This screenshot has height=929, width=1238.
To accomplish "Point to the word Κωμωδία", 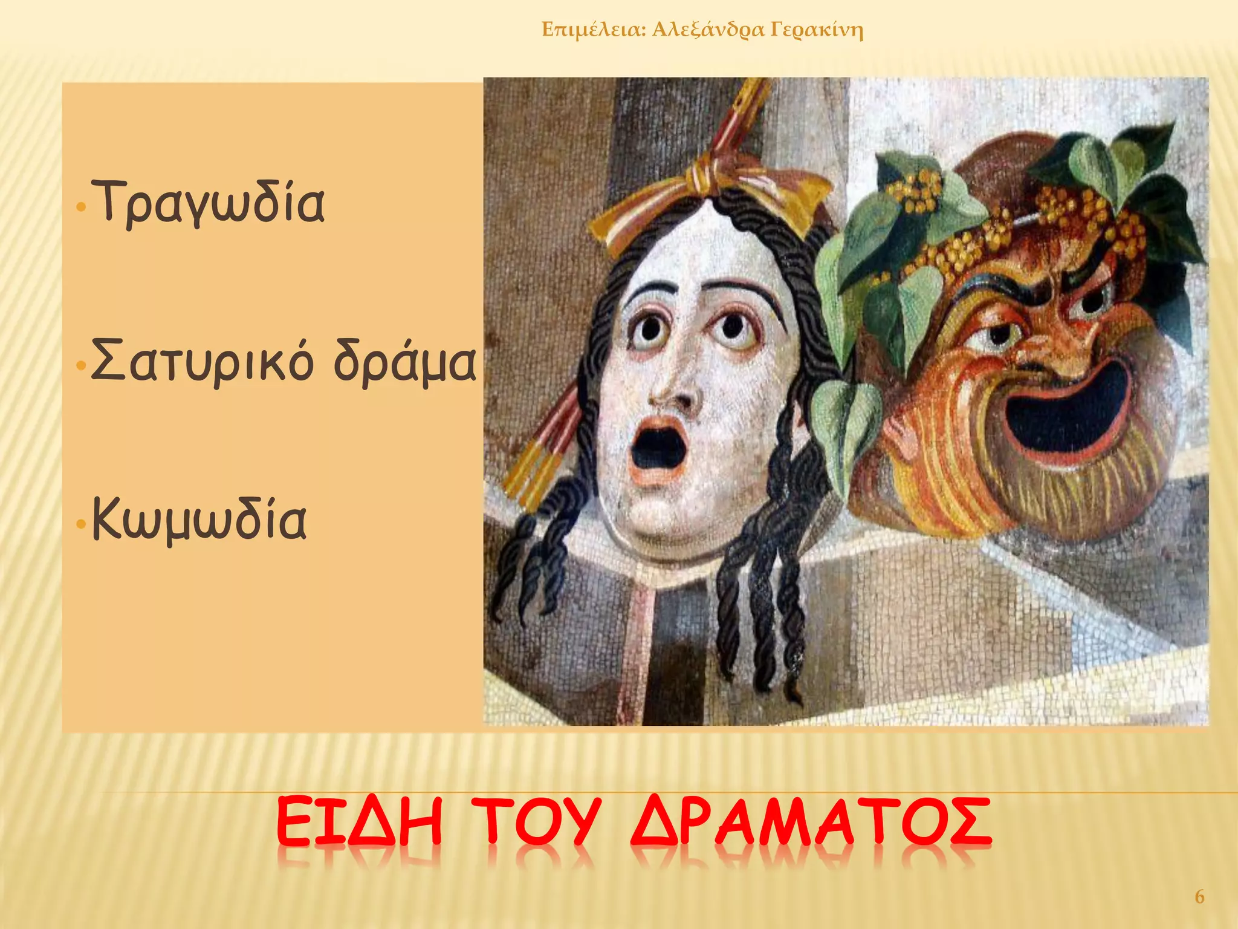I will [199, 520].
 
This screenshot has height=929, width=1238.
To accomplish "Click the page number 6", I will [1200, 896].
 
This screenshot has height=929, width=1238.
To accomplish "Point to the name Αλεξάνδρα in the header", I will [708, 29].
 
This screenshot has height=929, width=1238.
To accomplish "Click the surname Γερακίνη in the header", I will [817, 29].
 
